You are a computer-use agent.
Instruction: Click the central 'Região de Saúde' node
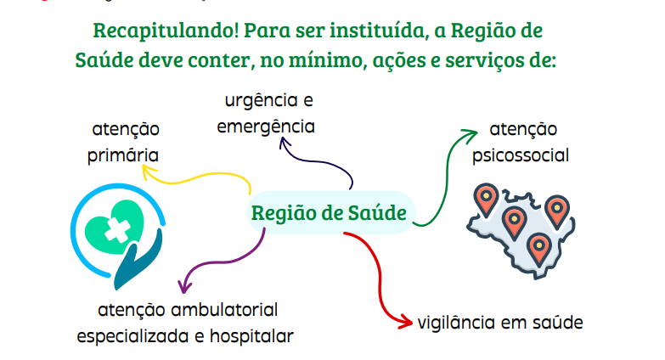[x=329, y=212]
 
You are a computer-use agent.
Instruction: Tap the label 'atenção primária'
[x=126, y=143]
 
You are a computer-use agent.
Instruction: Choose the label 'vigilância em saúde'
[x=500, y=323]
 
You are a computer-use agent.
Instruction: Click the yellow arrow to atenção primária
[x=204, y=177]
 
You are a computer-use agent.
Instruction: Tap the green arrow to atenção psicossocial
[x=443, y=183]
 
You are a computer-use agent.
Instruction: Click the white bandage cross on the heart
[x=116, y=228]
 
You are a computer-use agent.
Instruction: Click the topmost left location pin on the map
[x=485, y=199]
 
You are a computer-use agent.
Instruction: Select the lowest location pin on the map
[x=537, y=247]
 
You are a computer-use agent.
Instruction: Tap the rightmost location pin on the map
[x=555, y=208]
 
